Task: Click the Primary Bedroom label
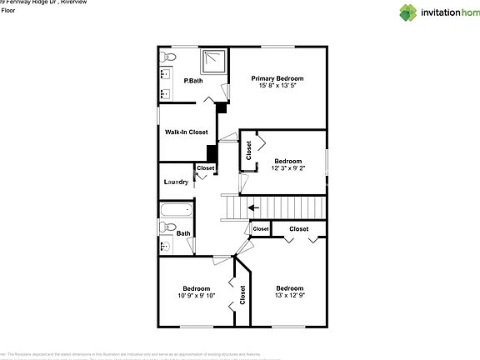(277, 78)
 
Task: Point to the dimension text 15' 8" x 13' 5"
(277, 87)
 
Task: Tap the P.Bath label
(193, 81)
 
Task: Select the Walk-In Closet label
(186, 132)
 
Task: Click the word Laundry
(176, 182)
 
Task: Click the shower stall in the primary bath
(214, 62)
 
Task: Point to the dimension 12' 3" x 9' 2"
(287, 169)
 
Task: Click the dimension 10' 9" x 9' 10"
(196, 296)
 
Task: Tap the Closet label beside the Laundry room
(205, 168)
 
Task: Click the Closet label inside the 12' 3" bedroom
(248, 151)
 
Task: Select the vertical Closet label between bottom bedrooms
(242, 295)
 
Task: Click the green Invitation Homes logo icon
(408, 12)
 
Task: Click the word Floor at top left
(7, 11)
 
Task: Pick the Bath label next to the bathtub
(183, 233)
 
